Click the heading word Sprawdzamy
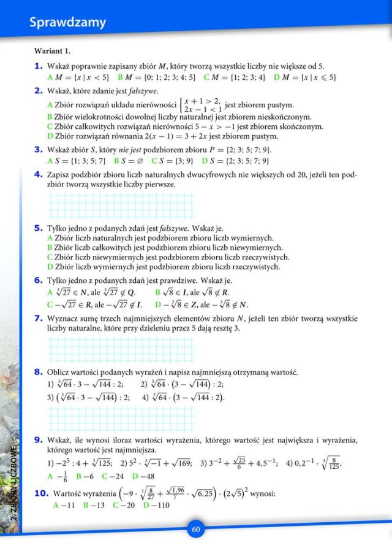coord(67,23)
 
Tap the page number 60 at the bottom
coord(196,530)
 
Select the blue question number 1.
coord(38,66)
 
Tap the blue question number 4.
coord(38,174)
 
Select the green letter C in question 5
coord(50,257)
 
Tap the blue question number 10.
coord(40,493)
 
